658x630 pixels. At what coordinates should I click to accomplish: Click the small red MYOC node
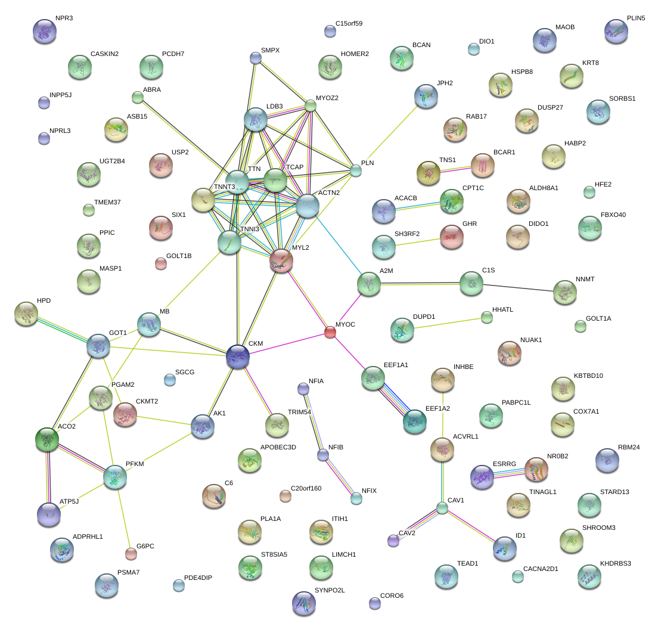[330, 332]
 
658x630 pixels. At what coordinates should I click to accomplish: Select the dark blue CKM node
[238, 356]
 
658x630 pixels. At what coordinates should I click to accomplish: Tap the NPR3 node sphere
[45, 32]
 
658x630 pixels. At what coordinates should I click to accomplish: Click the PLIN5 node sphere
[616, 31]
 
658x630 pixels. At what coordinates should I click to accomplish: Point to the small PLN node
[356, 170]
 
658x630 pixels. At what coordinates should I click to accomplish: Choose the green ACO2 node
[47, 439]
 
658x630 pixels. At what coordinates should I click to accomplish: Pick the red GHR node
[451, 236]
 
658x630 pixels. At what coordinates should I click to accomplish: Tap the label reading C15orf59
[349, 24]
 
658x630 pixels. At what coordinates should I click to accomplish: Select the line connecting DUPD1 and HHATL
[447, 324]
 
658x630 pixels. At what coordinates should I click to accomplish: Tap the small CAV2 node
[393, 541]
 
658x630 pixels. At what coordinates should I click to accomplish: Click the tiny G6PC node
[131, 554]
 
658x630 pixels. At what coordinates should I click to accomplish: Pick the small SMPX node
[256, 58]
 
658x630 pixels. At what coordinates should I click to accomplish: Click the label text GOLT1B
[179, 256]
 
